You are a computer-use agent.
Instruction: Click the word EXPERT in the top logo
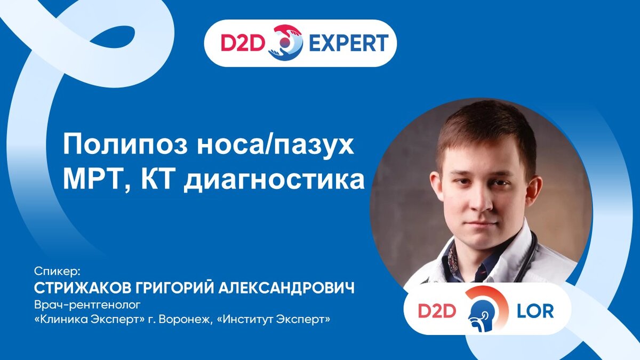coord(349,43)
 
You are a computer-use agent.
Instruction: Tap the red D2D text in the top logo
coord(242,43)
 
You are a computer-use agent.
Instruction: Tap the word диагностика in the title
coord(274,181)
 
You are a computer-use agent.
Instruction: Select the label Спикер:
coord(57,271)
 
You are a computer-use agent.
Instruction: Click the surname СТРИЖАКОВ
coord(82,287)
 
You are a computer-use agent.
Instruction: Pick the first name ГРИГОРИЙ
coord(174,287)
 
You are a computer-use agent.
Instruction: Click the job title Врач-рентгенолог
coord(87,305)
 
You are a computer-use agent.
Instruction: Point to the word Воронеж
coord(186,319)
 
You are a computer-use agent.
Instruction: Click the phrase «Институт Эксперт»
coord(274,319)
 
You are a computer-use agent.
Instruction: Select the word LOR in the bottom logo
coord(535,311)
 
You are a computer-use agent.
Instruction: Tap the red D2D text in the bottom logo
coord(437,311)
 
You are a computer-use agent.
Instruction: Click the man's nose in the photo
coord(483,200)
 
